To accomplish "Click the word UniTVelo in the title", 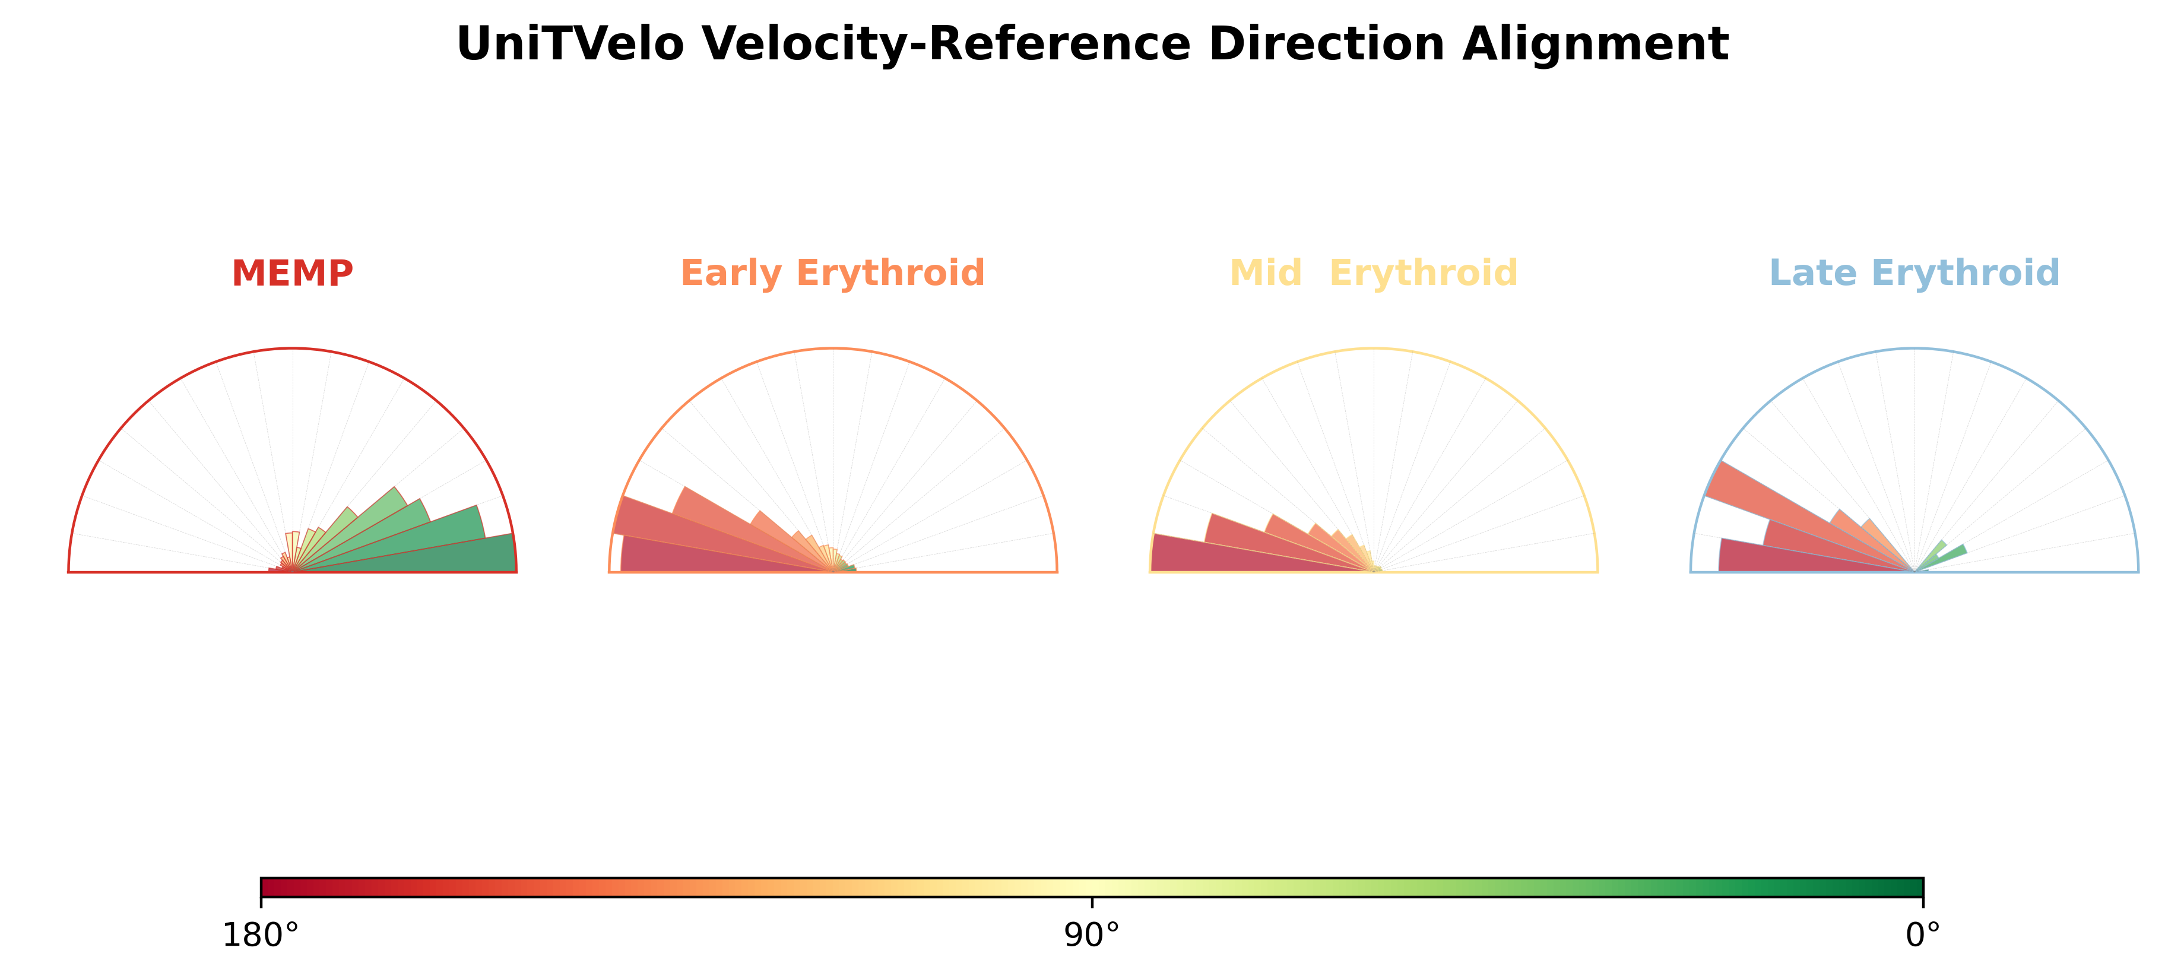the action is [570, 44].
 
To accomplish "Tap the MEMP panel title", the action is [293, 273].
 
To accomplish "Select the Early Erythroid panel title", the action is [832, 273].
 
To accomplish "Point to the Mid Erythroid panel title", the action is [1374, 273].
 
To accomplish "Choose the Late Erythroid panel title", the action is [1914, 273].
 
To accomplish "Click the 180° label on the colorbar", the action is [260, 935].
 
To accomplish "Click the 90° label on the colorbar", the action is [1092, 935].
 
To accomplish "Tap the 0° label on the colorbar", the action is [1923, 935].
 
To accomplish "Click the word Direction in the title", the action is [1326, 44].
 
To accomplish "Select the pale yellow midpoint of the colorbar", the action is [1092, 888].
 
